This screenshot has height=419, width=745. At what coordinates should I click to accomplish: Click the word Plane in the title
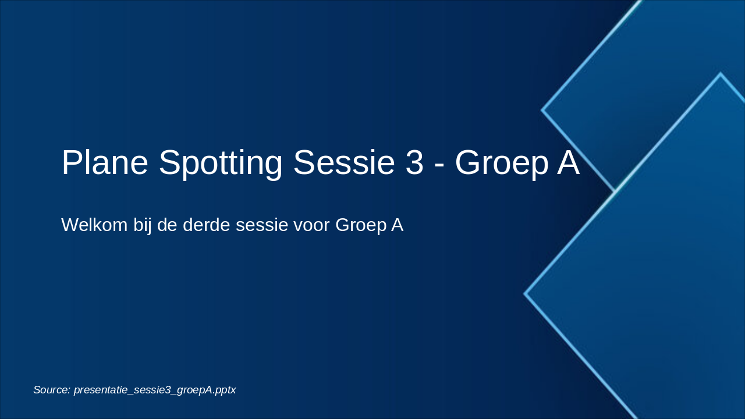105,162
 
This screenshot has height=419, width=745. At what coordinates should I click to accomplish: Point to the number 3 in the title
414,162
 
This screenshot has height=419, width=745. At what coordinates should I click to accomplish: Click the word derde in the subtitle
208,225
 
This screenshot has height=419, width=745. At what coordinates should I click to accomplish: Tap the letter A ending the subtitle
397,225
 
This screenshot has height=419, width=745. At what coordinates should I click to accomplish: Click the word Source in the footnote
51,390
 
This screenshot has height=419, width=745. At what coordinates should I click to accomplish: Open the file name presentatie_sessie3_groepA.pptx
155,390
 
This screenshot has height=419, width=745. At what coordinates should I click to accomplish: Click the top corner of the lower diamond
720,74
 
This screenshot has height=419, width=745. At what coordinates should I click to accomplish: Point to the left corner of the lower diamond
526,294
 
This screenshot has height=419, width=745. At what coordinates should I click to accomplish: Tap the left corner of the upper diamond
542,109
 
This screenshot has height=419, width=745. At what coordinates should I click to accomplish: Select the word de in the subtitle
166,225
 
